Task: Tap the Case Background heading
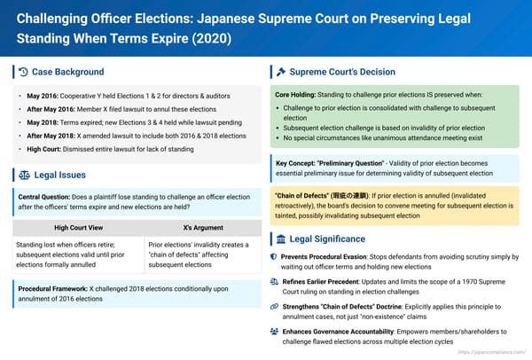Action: pyautogui.click(x=67, y=72)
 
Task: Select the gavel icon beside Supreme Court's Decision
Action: pyautogui.click(x=281, y=72)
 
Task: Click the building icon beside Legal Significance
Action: pyautogui.click(x=281, y=239)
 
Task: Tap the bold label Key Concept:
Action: pyautogui.click(x=299, y=164)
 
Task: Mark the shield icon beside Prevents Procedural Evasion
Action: pyautogui.click(x=273, y=255)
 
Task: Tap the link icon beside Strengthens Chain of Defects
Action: pyautogui.click(x=273, y=305)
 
